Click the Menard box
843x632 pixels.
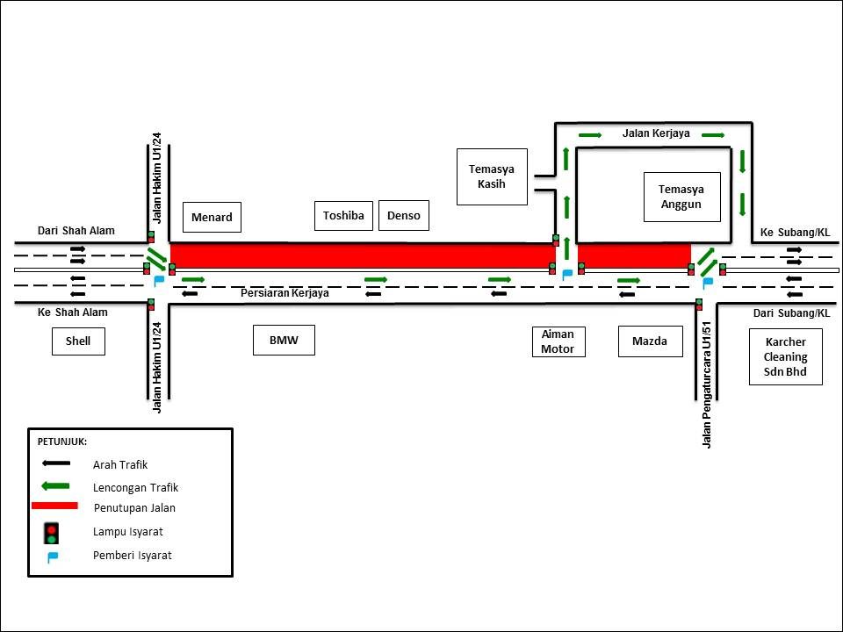212,218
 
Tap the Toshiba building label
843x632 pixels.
343,216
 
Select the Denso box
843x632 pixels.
403,216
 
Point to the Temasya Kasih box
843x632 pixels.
492,176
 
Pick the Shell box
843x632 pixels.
78,341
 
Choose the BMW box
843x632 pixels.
284,340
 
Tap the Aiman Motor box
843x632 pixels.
558,341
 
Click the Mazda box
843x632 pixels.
650,341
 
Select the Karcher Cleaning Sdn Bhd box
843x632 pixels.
785,357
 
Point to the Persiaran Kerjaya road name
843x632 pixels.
285,293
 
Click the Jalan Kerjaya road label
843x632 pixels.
656,133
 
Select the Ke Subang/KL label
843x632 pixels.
795,233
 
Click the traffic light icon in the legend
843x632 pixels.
52,532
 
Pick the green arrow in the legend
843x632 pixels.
54,485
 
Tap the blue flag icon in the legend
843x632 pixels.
53,557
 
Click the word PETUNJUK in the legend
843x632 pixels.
61,442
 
